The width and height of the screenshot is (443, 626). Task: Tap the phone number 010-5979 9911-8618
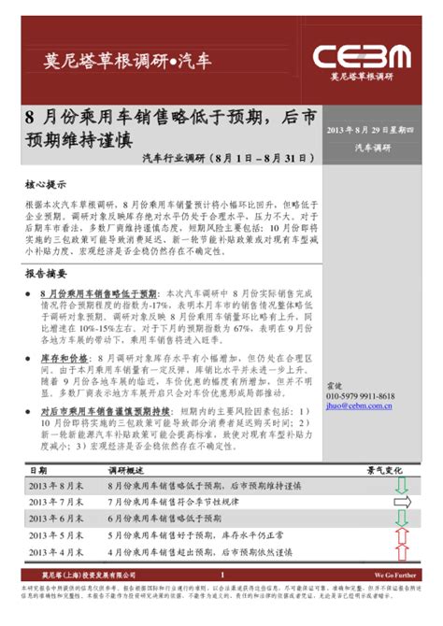pyautogui.click(x=360, y=396)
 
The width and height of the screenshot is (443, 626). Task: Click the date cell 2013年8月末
pyautogui.click(x=56, y=487)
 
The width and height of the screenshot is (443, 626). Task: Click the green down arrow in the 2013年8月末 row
pyautogui.click(x=402, y=486)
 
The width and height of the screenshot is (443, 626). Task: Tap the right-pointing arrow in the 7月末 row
pyautogui.click(x=402, y=503)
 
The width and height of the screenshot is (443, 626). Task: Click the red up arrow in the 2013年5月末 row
pyautogui.click(x=402, y=534)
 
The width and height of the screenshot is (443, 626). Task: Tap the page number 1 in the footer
pyautogui.click(x=222, y=575)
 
